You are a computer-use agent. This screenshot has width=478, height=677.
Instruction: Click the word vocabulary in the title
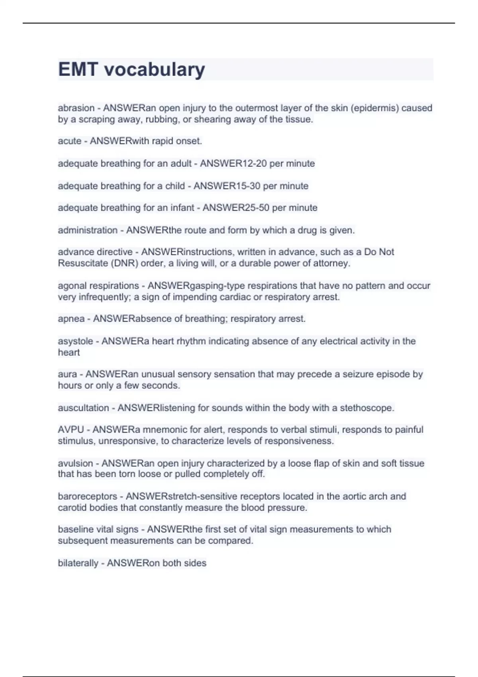click(x=155, y=69)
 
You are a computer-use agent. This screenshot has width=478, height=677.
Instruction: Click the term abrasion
click(x=76, y=108)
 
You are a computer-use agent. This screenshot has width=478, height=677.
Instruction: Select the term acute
click(x=70, y=141)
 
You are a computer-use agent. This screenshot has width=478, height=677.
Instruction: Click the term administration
click(x=88, y=230)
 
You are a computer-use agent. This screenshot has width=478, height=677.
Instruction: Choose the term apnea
click(x=71, y=319)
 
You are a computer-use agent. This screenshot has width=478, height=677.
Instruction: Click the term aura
click(x=67, y=374)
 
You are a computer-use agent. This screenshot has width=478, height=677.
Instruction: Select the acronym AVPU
click(x=71, y=430)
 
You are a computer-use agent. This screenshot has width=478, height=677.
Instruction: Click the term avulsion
click(x=75, y=463)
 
